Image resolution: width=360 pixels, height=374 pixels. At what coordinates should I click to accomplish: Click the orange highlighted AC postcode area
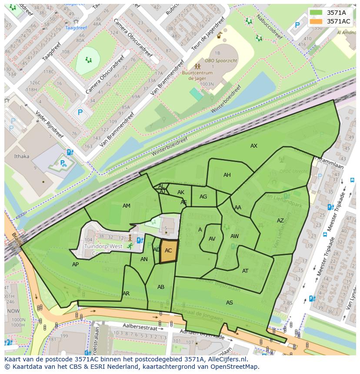[169, 251]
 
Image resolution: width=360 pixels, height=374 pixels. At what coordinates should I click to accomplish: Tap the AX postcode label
[254, 146]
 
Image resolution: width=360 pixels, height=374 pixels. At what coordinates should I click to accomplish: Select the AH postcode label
[227, 175]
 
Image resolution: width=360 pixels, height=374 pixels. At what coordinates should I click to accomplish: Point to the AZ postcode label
[280, 221]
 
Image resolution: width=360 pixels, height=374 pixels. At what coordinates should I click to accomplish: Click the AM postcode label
[127, 206]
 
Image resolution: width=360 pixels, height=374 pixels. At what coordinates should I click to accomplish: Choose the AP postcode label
[76, 264]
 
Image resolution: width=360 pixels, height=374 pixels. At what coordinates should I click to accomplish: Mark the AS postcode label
[230, 302]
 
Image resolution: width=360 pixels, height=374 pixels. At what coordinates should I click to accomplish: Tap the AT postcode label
[245, 271]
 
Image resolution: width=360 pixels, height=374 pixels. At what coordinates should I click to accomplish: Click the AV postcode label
[212, 239]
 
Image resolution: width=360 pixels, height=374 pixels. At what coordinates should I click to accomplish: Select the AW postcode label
[235, 236]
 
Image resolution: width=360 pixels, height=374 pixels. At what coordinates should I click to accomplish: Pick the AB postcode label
[161, 287]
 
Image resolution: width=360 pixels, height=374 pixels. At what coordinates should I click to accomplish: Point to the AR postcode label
[126, 294]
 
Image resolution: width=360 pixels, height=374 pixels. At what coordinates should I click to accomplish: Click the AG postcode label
[203, 197]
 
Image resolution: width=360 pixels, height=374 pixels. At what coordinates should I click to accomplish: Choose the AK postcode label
[181, 192]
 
